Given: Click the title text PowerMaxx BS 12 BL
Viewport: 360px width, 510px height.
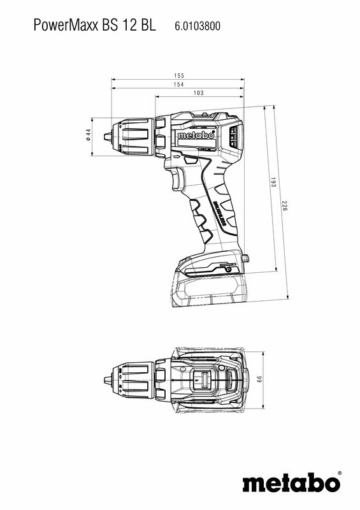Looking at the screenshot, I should tap(94, 26).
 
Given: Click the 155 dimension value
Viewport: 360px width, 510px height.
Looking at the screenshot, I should tap(179, 76).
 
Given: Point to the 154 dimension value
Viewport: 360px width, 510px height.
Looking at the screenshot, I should tap(179, 85).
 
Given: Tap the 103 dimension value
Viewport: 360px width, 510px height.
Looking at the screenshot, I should tap(198, 94).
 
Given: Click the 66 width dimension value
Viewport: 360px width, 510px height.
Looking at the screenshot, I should tap(260, 380).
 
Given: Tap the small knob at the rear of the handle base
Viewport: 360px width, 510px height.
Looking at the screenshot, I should tap(245, 258).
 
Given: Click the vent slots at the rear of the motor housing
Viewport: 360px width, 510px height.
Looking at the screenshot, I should tap(233, 136).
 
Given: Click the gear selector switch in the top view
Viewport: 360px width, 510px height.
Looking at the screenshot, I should tap(206, 381).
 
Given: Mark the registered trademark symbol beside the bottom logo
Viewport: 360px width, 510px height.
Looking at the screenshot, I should tap(339, 473).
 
